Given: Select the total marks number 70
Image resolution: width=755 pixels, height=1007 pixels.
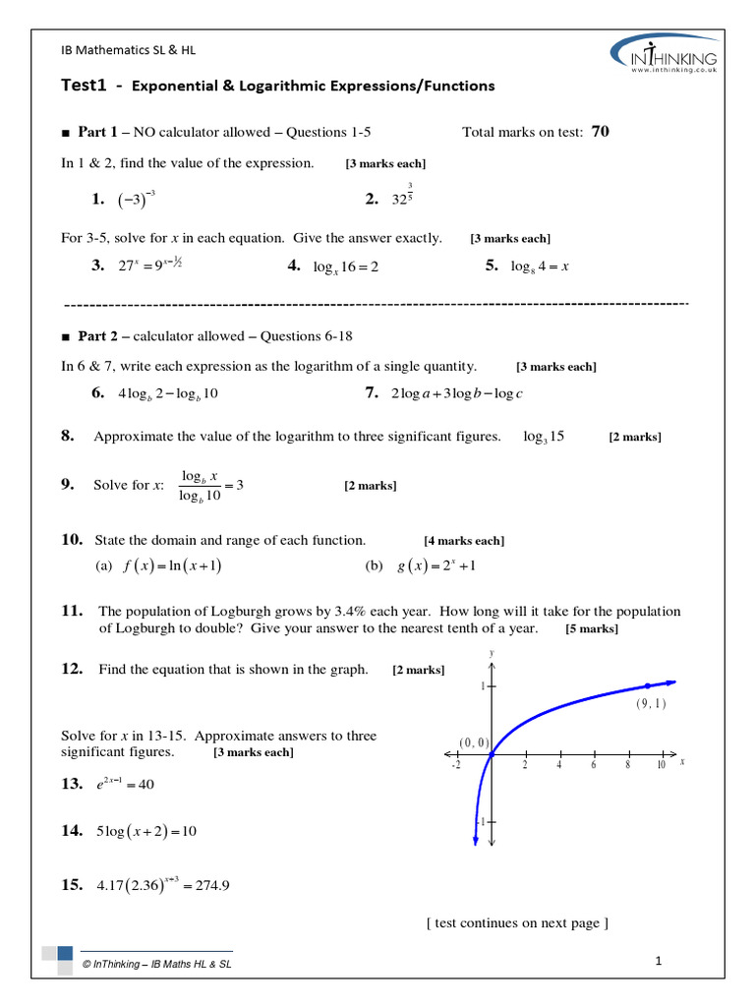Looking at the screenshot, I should coord(600,131).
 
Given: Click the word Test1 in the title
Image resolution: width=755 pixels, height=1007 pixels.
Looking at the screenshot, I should coord(86,86).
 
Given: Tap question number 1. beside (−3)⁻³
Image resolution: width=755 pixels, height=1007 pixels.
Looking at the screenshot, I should coord(97,200).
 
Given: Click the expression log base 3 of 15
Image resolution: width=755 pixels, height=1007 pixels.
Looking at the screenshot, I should coord(544,437).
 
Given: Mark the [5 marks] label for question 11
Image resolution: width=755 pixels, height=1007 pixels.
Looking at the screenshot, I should coord(592,629).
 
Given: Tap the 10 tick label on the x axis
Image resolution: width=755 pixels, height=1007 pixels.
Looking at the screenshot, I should coord(661,764).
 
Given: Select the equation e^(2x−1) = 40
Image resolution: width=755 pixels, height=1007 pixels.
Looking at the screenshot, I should coord(125,785).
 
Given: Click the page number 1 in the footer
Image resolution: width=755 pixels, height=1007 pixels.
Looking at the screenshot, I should coord(659,961).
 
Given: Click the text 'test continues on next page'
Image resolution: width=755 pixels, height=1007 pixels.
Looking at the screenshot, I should coord(517,922).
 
